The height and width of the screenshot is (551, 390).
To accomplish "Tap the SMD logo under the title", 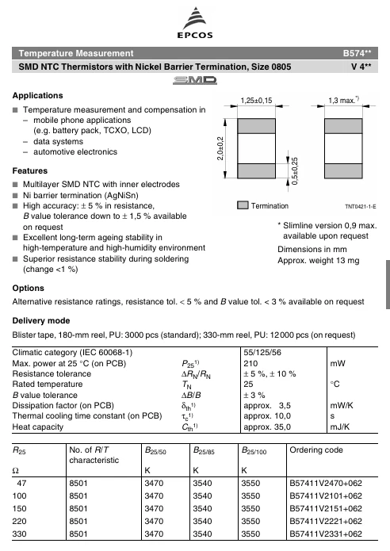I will [x=194, y=82].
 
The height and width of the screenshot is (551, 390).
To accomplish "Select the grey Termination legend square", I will [x=243, y=205].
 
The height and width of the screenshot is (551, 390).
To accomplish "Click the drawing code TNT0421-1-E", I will [x=360, y=206].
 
